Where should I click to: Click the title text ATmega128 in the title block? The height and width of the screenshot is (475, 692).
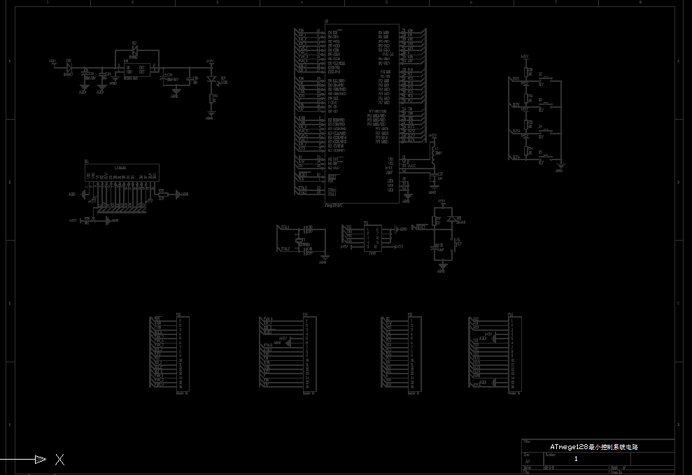(x=568, y=446)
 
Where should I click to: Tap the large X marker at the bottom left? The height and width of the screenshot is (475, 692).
(x=60, y=460)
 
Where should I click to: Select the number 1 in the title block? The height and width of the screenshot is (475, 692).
(x=576, y=459)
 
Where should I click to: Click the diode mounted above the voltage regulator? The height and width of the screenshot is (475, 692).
(x=135, y=51)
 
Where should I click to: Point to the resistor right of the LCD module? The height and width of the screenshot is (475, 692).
(x=161, y=194)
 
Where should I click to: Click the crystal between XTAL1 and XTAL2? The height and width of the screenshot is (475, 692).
(x=302, y=240)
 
